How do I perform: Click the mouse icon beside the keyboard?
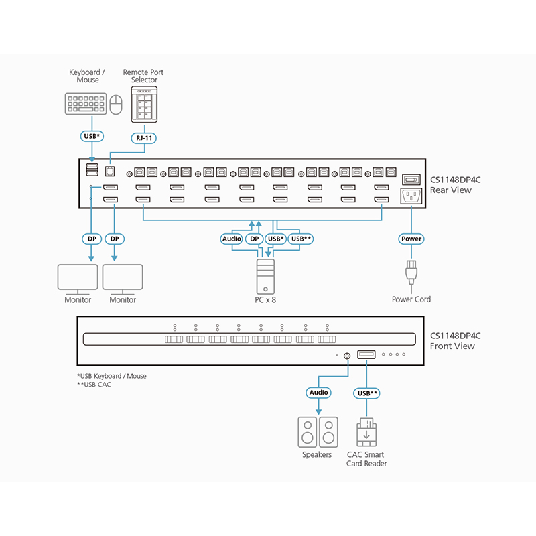(117, 105)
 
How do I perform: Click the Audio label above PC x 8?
(231, 239)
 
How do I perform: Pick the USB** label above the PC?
(301, 239)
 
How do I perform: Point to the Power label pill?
(411, 239)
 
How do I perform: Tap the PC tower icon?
(266, 276)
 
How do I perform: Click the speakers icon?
(317, 431)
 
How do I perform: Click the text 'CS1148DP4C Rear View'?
(455, 185)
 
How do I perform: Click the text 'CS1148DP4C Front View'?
(455, 341)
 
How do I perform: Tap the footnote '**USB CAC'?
(94, 385)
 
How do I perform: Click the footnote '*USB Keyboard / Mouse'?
(112, 376)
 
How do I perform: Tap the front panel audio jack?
(346, 356)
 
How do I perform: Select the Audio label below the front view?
(318, 392)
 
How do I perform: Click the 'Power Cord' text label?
(411, 299)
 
